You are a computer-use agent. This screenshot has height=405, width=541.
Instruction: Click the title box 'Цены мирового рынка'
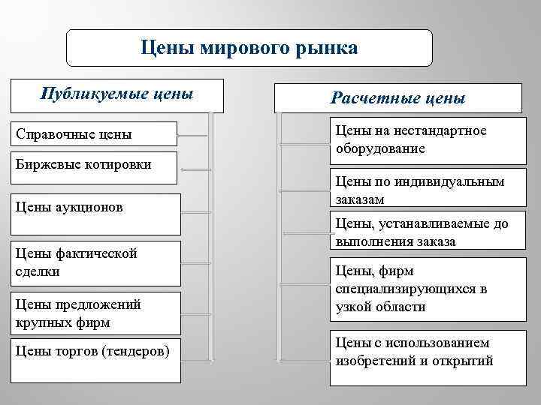[x=249, y=49]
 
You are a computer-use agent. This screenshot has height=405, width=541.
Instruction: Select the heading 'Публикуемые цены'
[x=116, y=95]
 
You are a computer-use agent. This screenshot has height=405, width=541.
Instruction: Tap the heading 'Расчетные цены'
[x=398, y=98]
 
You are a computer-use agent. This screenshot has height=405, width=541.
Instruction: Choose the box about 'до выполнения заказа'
[x=425, y=232]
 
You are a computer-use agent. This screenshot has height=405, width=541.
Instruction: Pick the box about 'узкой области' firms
[x=425, y=289]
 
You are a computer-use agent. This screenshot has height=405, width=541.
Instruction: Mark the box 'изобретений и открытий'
[x=425, y=352]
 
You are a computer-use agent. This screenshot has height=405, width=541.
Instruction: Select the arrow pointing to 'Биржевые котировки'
[x=195, y=170]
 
